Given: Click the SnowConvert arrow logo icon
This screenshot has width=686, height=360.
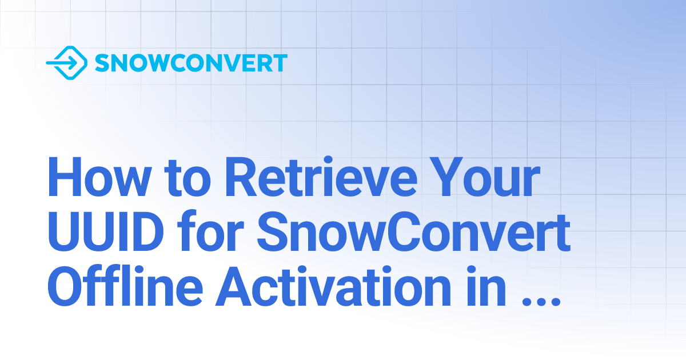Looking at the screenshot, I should click(66, 63).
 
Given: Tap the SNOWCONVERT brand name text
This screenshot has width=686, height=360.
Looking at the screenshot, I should click(190, 63).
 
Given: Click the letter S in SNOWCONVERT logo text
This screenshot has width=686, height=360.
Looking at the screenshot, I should click(102, 63).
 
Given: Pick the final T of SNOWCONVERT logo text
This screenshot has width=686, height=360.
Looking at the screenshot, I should click(280, 63).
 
